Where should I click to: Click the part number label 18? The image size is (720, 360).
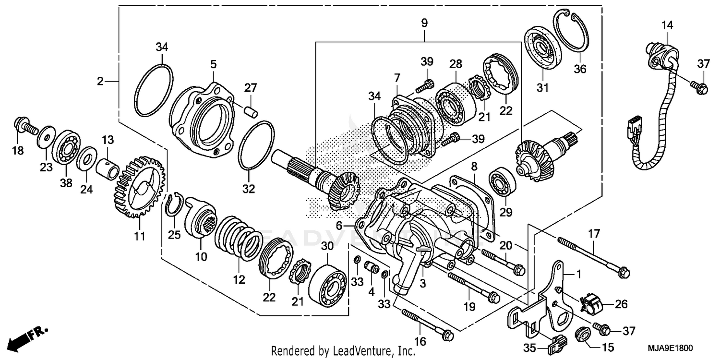[x=18, y=151]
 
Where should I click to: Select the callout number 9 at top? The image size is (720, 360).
[x=424, y=23]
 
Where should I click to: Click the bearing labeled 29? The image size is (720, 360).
[x=502, y=183]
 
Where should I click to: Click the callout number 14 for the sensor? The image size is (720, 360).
[x=668, y=25]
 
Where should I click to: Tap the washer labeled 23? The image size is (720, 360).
[x=47, y=138]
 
